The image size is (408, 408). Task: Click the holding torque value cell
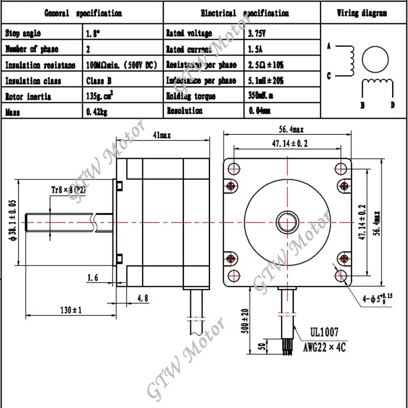pos(261,96)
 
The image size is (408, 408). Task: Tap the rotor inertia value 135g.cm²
pos(102,96)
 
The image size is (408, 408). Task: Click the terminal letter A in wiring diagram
pos(329,47)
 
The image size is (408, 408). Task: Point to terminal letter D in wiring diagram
pos(392,104)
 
